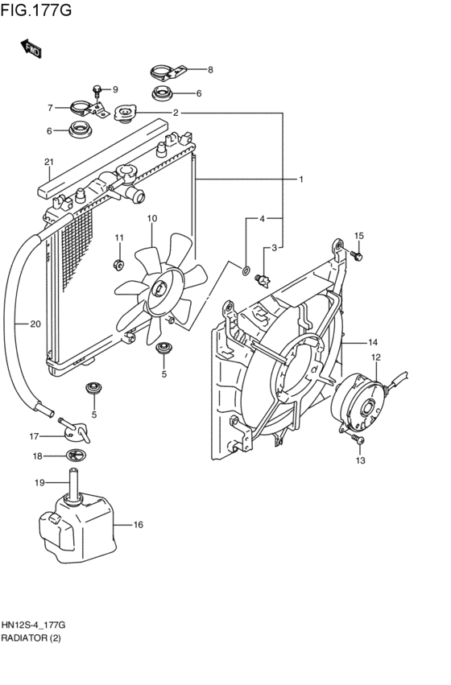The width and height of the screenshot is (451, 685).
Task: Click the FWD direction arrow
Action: click(x=31, y=48)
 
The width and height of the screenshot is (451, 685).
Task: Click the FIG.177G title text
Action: click(x=35, y=10)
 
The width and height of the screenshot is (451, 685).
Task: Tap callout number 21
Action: click(x=48, y=162)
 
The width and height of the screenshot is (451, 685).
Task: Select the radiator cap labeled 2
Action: click(x=126, y=113)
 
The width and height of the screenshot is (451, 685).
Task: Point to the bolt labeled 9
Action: click(x=97, y=92)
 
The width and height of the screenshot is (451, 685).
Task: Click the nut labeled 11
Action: click(x=118, y=264)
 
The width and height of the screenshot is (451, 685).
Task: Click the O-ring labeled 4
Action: click(x=246, y=270)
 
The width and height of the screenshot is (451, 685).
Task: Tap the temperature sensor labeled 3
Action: click(x=263, y=280)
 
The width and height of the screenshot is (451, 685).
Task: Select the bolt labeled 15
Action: click(x=357, y=256)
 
